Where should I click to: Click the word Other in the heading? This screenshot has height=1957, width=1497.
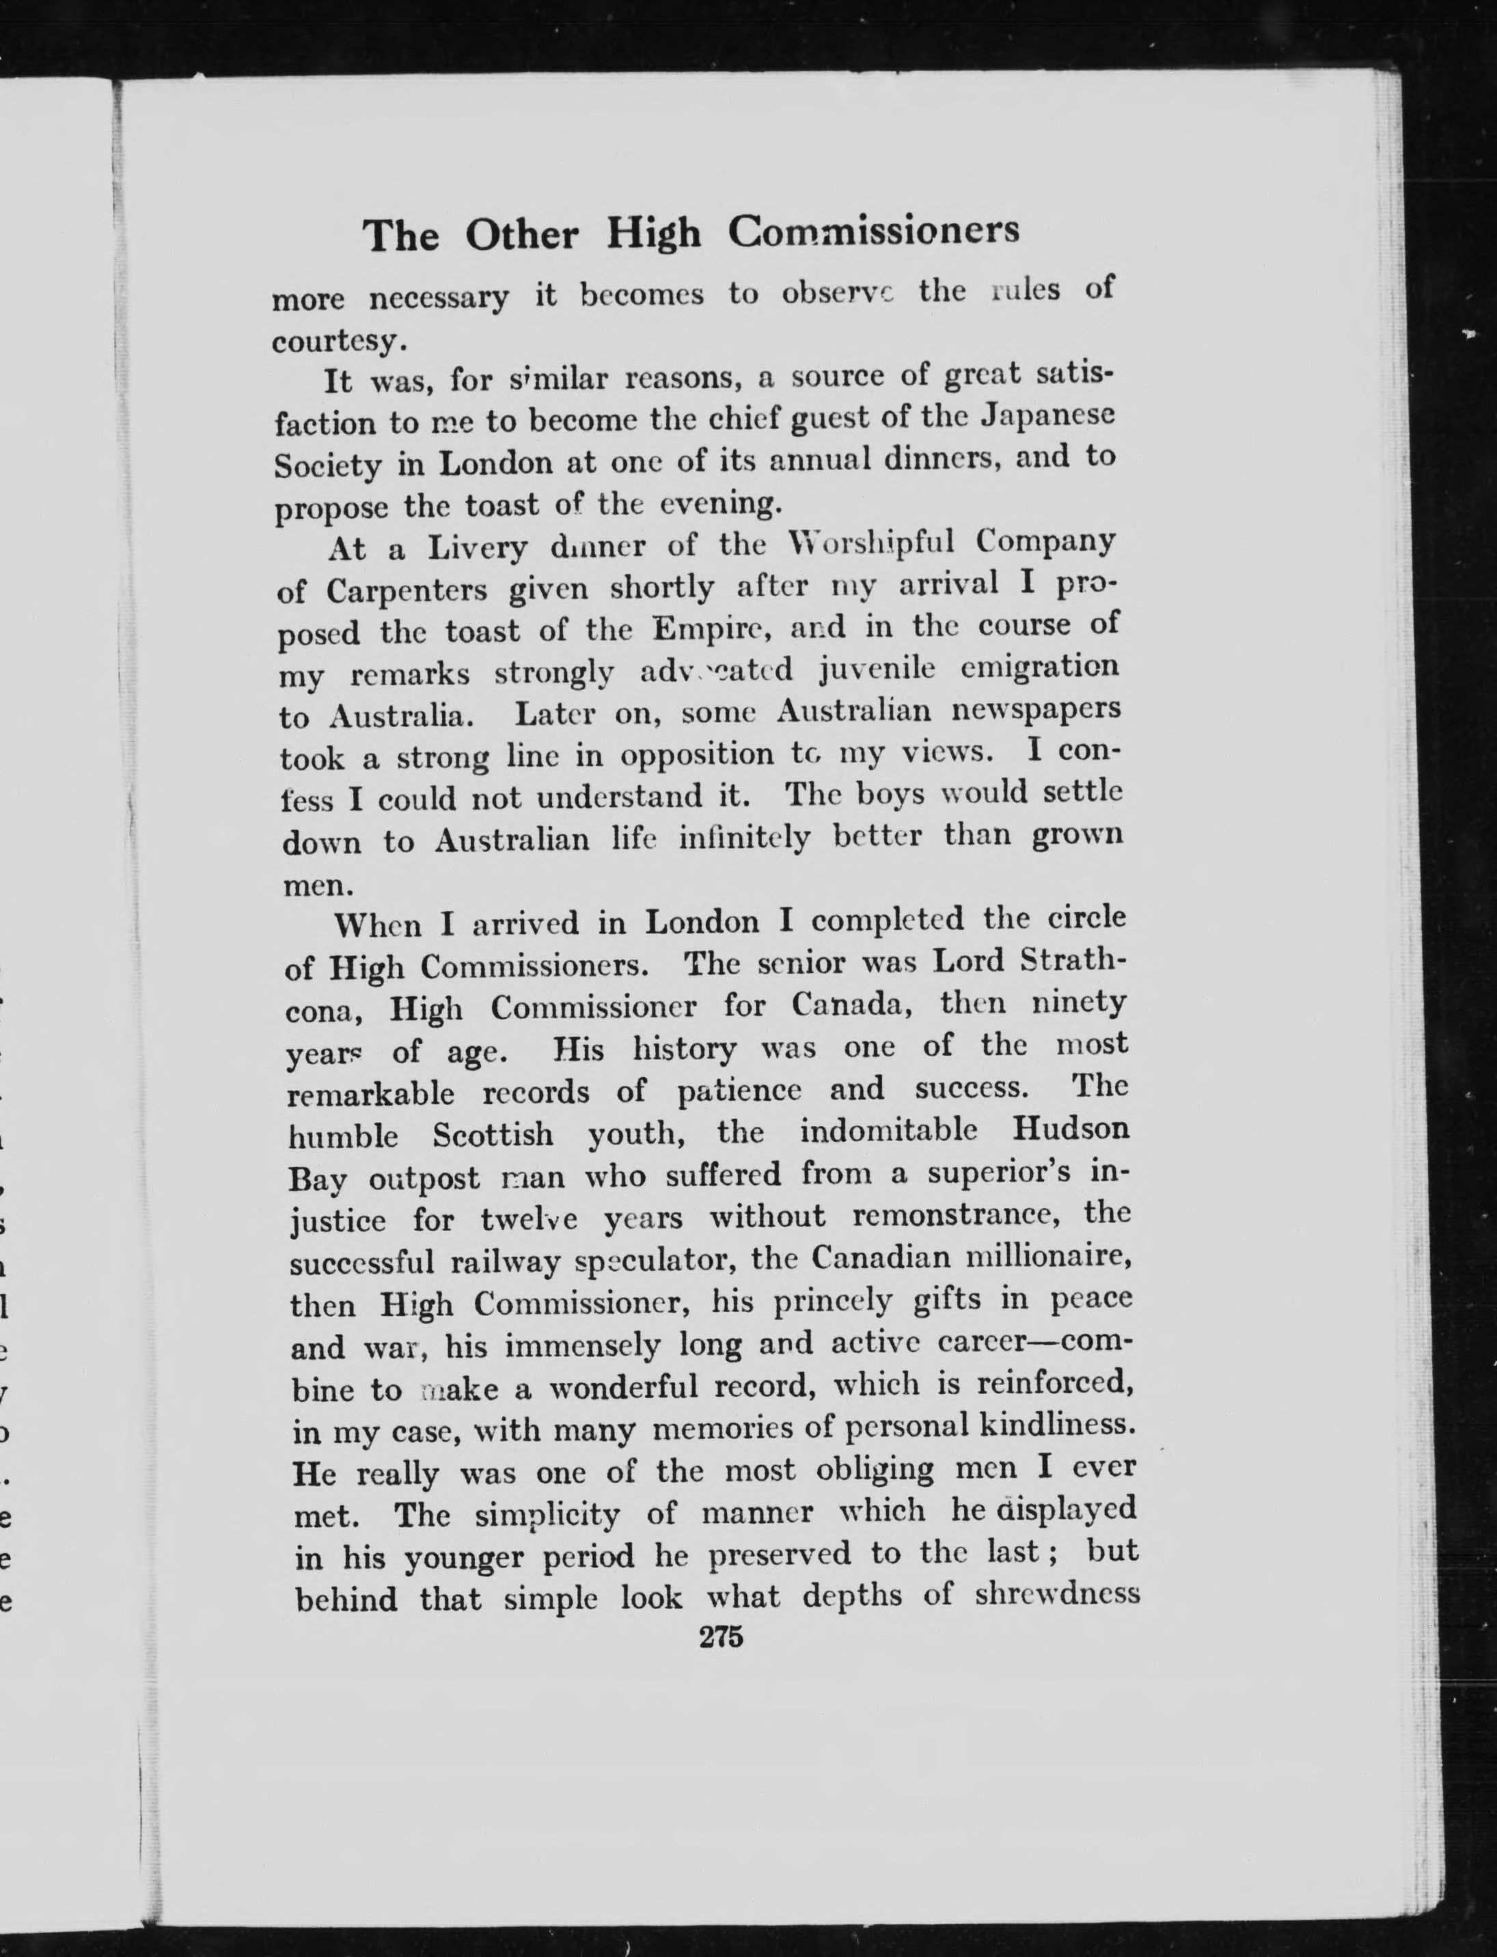click(521, 235)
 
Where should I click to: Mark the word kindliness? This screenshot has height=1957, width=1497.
click(1058, 1425)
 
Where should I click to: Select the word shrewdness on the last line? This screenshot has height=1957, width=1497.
click(1058, 1594)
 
